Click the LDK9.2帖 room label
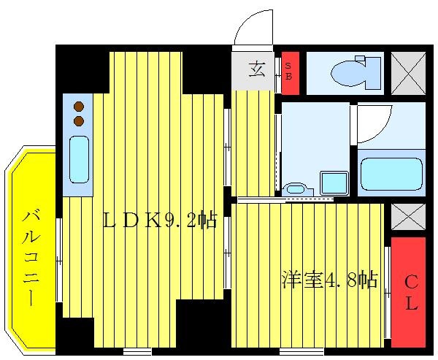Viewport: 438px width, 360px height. pyautogui.click(x=159, y=220)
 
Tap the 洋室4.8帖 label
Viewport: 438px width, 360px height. pyautogui.click(x=329, y=280)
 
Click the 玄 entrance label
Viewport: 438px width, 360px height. pyautogui.click(x=256, y=70)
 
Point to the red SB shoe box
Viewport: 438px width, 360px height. pyautogui.click(x=290, y=72)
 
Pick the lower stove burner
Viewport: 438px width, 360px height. pyautogui.click(x=78, y=120)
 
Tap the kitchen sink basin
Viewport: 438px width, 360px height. pyautogui.click(x=78, y=159)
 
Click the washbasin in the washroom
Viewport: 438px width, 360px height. pyautogui.click(x=296, y=189)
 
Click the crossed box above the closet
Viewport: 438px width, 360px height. pyautogui.click(x=408, y=217)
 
